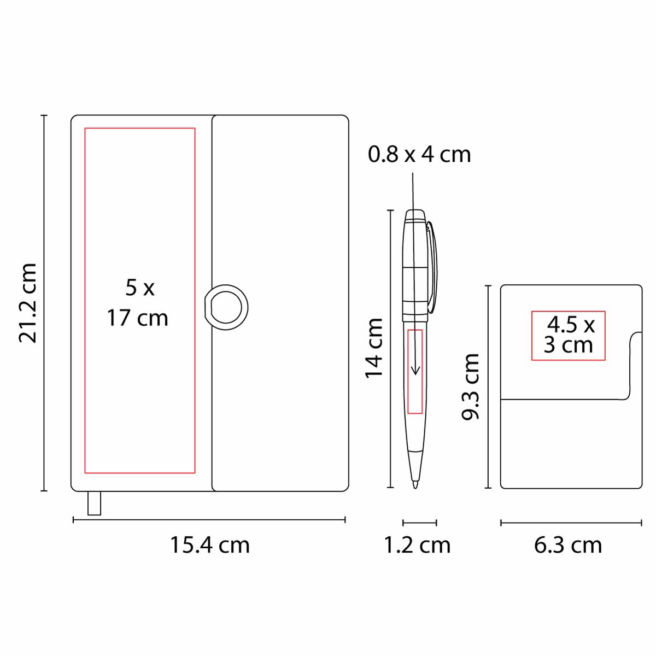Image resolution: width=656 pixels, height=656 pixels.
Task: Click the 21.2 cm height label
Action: (x=27, y=303)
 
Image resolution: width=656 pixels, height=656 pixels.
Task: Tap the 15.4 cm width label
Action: (x=210, y=545)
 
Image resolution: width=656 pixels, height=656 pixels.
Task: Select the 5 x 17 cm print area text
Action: (x=138, y=303)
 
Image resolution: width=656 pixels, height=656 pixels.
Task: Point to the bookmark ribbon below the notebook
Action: (x=94, y=503)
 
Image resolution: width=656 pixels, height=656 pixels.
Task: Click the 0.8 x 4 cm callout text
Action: (x=419, y=154)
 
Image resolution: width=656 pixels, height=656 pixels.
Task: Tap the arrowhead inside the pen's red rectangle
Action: (x=415, y=371)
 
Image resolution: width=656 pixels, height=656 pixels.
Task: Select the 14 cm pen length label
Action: (x=374, y=348)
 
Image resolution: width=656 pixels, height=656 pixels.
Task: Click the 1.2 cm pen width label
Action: (x=417, y=545)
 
